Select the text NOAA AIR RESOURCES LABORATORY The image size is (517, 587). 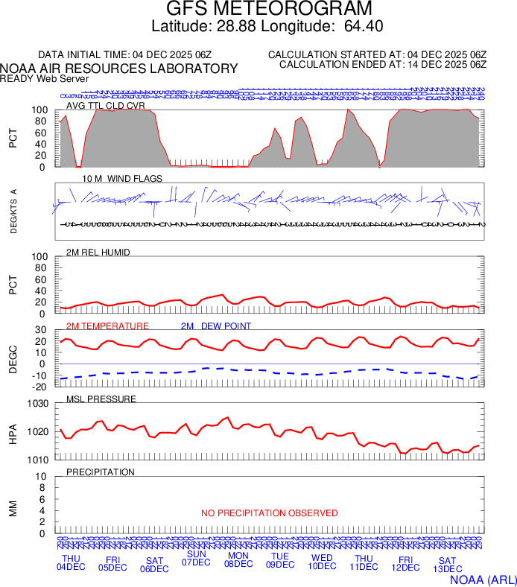click(119, 69)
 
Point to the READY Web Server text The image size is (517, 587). click(45, 78)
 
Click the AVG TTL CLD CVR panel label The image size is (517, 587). click(105, 106)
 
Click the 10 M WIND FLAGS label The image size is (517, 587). click(116, 180)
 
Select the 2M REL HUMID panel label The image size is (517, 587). click(98, 253)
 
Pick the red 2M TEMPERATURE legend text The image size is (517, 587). click(107, 326)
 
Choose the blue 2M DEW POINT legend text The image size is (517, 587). click(216, 326)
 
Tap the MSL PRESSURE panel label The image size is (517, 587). click(101, 399)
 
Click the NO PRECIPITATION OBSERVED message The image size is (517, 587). click(269, 513)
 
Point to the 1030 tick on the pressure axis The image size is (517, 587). click(37, 404)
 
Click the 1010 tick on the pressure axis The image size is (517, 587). click(37, 460)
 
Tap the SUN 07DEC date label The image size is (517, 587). click(197, 558)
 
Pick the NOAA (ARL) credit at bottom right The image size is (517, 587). click(483, 579)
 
